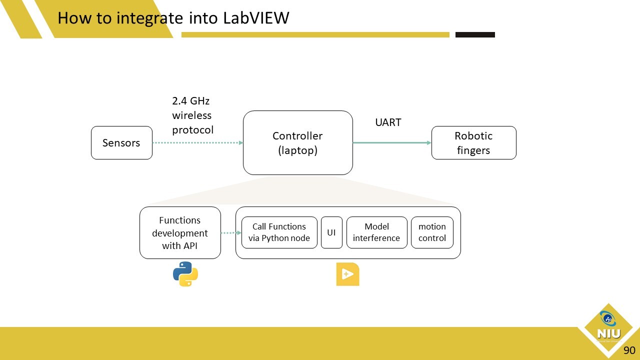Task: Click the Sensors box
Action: tap(121, 143)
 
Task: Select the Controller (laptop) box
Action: tap(297, 143)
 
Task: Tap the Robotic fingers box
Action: tap(473, 143)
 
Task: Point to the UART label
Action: tap(388, 122)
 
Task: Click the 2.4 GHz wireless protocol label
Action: tap(192, 115)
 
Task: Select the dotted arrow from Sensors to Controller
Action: tap(197, 143)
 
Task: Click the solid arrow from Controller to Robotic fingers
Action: tap(391, 143)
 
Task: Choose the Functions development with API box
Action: tap(180, 233)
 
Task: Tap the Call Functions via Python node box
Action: tap(279, 232)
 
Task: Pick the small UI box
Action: tap(331, 232)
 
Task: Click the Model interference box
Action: tap(376, 232)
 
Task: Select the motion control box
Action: tap(432, 232)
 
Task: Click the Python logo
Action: tap(185, 274)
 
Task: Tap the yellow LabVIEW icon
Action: tap(347, 274)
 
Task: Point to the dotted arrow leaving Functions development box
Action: tap(228, 233)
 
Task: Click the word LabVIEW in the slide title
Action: tap(256, 18)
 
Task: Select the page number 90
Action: tap(629, 350)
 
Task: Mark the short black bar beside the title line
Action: tap(475, 35)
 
